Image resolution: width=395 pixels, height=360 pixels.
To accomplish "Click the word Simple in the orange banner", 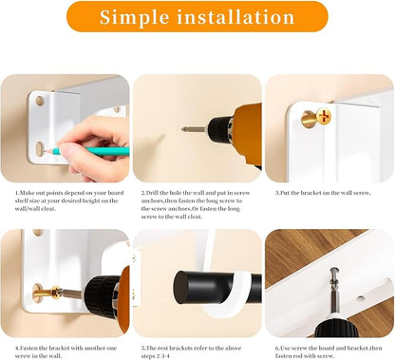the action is [x=134, y=18].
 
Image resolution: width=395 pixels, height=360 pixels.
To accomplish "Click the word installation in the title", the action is [x=235, y=16].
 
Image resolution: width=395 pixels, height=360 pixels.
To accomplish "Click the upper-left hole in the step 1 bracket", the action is [x=40, y=101].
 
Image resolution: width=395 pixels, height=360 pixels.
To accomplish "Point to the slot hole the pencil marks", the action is [x=39, y=149].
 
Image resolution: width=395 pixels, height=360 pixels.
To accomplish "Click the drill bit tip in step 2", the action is [x=183, y=129].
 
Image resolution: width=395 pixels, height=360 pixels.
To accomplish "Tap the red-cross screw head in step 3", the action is [x=324, y=117].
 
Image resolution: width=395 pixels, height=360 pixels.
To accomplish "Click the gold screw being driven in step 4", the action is [x=47, y=293].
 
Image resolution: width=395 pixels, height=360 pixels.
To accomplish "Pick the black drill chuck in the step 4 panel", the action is [x=101, y=296].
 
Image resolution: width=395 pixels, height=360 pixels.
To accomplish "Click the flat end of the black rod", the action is [x=180, y=288].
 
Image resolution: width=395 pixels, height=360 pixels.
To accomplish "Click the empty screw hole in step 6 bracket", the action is [x=360, y=298].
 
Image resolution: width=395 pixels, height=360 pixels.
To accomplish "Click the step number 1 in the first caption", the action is [x=16, y=193].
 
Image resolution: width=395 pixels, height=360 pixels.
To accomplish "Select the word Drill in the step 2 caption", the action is [x=152, y=193].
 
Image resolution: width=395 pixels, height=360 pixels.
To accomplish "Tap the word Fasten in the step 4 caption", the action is [x=28, y=348].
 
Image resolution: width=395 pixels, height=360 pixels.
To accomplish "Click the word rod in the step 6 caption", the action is [x=299, y=356].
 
